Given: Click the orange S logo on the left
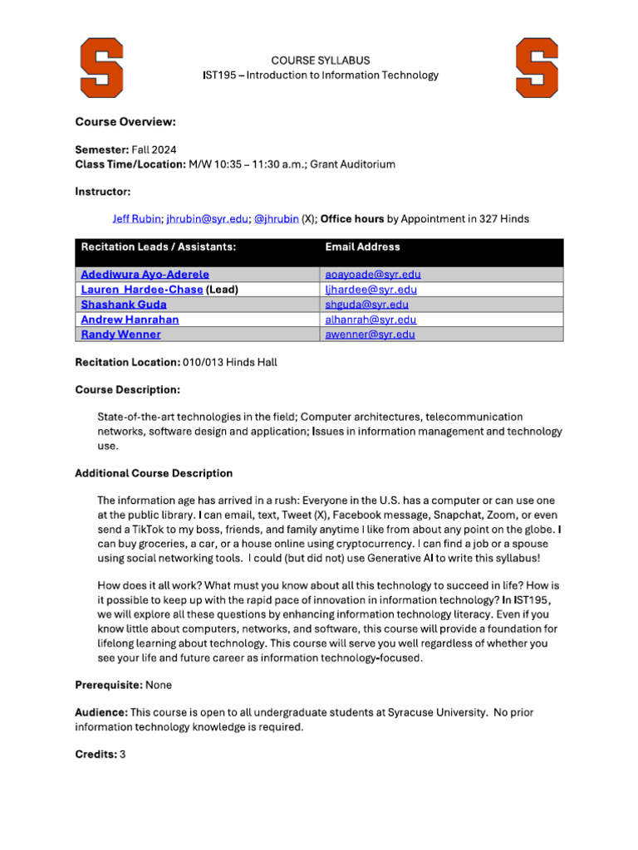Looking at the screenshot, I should point(101,67).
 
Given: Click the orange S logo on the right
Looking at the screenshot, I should point(537,67).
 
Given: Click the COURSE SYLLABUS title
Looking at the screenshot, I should point(320,61).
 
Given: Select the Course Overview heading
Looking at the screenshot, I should point(125,122).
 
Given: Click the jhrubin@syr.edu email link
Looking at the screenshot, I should point(207,219).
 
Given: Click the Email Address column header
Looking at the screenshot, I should point(362,247).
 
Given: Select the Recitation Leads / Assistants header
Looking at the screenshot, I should point(158,247).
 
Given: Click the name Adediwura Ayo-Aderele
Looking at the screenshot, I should point(145,274).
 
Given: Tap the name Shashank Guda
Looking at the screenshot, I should point(124,305).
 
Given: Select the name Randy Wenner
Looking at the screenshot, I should point(121,335).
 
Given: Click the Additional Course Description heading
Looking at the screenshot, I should point(154,473).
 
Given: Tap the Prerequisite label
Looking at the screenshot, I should point(108,686).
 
